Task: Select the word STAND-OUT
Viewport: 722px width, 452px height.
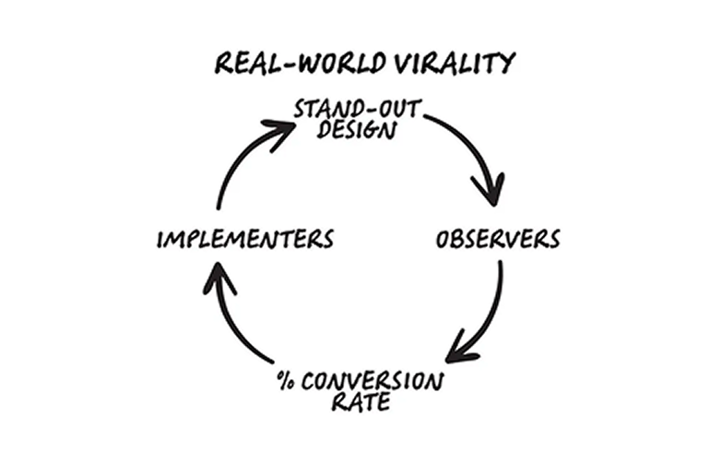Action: coord(357,109)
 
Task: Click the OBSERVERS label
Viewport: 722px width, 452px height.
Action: coord(498,239)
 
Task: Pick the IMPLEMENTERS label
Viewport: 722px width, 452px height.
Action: coord(244,240)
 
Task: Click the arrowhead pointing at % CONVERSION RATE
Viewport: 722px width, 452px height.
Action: coord(462,351)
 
